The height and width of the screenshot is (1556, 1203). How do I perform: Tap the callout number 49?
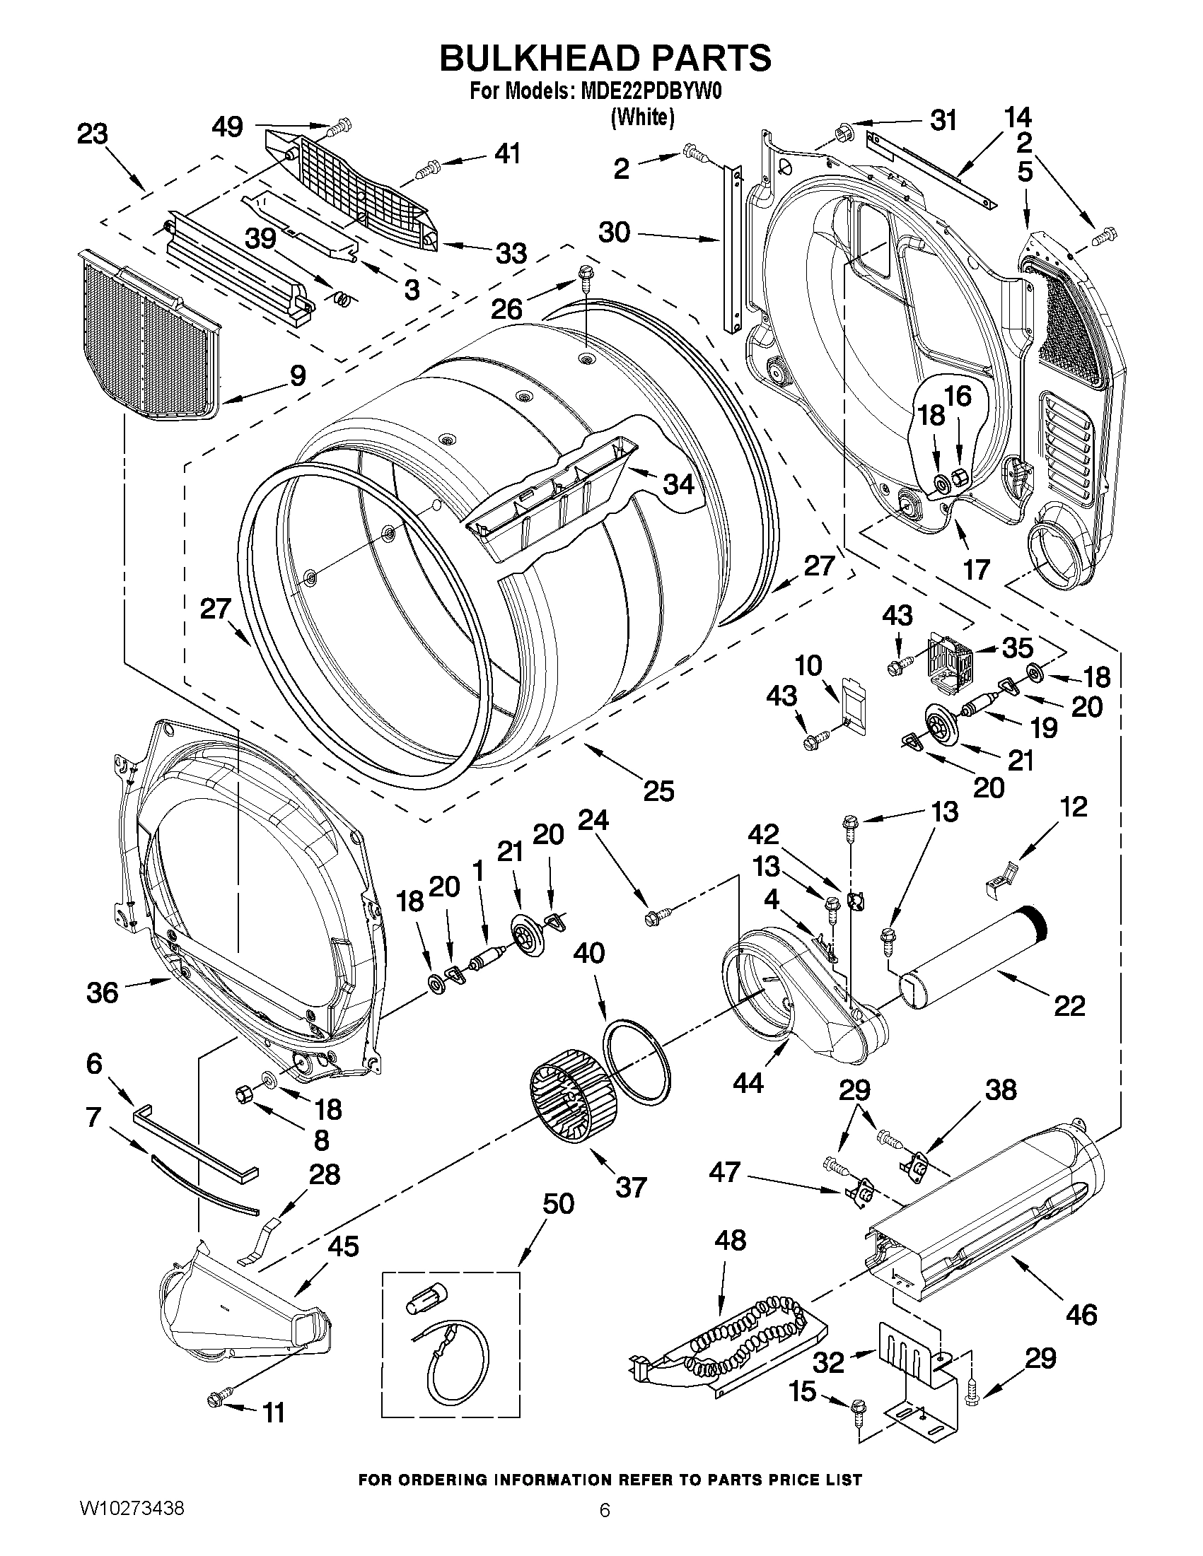tap(227, 127)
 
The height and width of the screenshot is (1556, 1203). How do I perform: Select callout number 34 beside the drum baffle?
tap(678, 484)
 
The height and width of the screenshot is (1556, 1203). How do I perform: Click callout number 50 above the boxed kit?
tap(558, 1203)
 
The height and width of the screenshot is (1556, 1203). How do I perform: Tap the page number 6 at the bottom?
tap(605, 1528)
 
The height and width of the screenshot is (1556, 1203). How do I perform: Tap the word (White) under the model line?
tap(642, 116)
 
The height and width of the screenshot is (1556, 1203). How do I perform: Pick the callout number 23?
tap(93, 134)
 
